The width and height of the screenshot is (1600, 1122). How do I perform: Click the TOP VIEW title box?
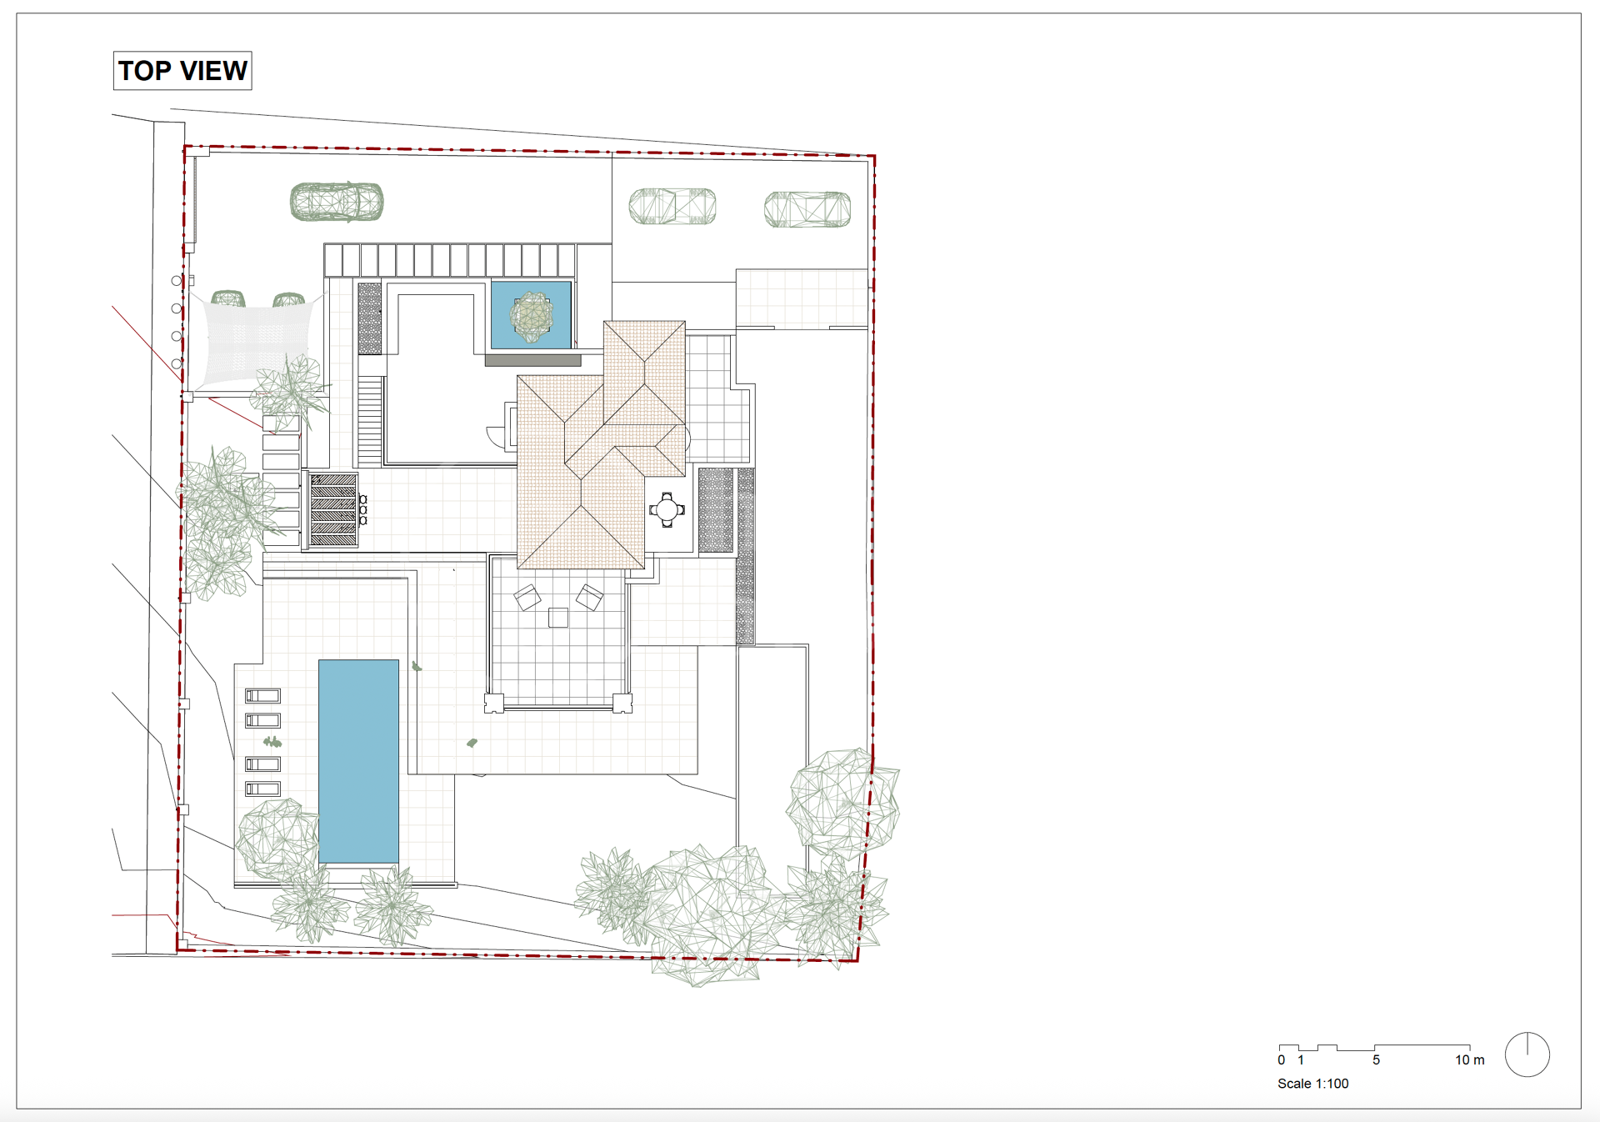click(182, 71)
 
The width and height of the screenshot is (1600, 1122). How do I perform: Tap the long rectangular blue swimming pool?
click(358, 762)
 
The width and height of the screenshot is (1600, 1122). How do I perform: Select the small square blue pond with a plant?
click(531, 315)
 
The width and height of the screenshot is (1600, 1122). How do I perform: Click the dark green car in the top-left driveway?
click(337, 202)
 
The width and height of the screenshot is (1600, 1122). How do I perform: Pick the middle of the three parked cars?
click(672, 206)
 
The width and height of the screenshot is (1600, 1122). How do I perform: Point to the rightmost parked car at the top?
click(807, 209)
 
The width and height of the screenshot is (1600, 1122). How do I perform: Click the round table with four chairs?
click(667, 509)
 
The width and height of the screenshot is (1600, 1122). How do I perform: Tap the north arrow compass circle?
click(1527, 1054)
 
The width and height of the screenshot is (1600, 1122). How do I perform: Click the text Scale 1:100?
click(1312, 1084)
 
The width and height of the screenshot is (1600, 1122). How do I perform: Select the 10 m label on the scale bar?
click(1469, 1060)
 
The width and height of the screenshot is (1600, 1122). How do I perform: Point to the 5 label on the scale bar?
click(1376, 1060)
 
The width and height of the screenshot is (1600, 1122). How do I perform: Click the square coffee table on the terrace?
click(558, 618)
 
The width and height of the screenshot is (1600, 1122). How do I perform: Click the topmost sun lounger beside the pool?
click(262, 696)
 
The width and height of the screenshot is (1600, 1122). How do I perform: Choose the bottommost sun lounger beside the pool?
click(262, 789)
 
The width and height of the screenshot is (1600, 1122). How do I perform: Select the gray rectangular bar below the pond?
click(533, 360)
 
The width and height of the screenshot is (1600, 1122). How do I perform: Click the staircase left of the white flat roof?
click(370, 420)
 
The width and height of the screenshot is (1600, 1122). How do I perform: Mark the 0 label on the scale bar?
click(1282, 1060)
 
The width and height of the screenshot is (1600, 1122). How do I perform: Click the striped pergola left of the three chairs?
click(333, 509)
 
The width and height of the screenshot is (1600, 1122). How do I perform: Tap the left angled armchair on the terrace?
click(527, 597)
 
